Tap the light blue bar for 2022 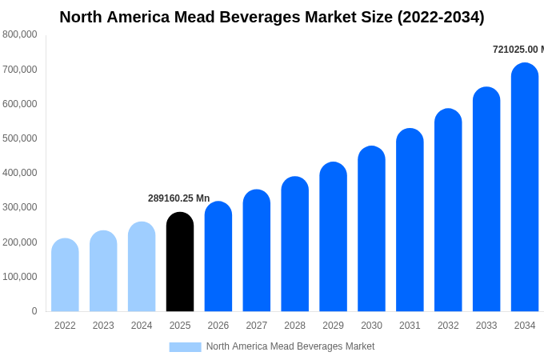[65, 275]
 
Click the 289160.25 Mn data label [178, 198]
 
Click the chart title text [272, 17]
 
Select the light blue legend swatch [185, 346]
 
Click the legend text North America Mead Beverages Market [290, 346]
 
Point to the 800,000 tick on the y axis [19, 34]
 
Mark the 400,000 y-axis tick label [19, 173]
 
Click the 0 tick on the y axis [34, 311]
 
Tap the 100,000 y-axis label [19, 277]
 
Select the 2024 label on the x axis [142, 326]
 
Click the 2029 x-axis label [333, 326]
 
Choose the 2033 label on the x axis [486, 326]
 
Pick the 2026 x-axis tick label [218, 326]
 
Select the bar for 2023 [103, 271]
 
